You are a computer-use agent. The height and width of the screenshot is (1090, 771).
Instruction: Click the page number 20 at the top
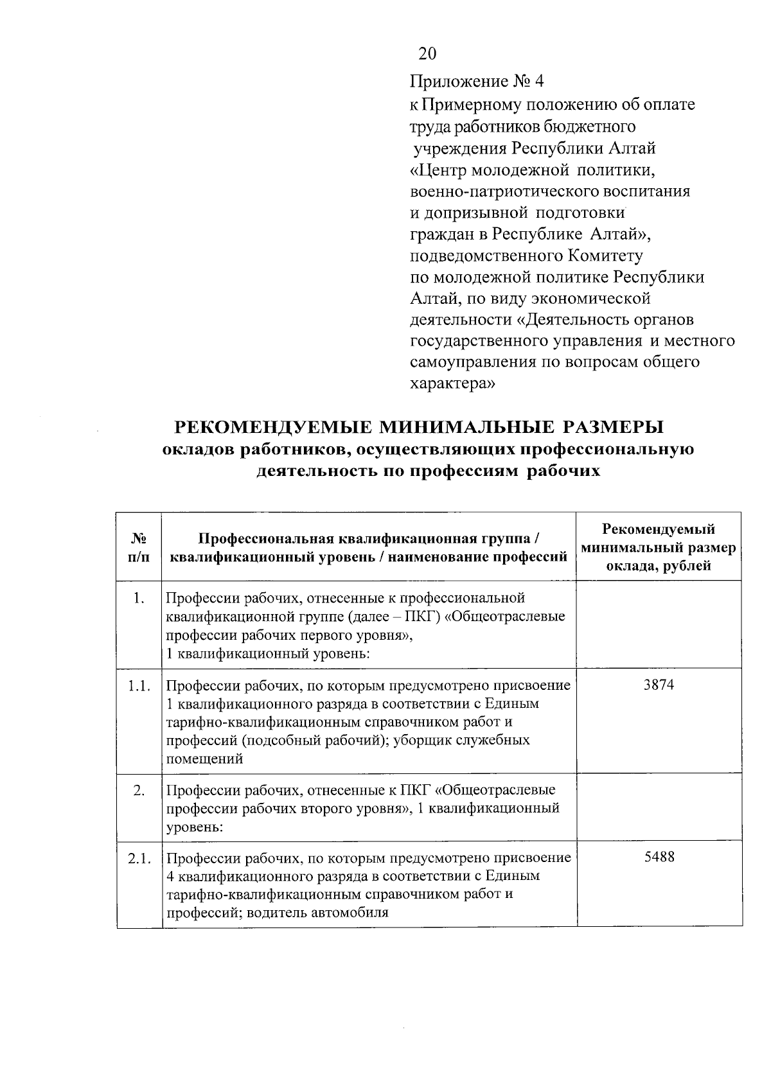[427, 54]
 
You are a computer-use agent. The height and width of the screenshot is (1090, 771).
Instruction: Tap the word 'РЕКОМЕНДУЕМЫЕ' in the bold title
[272, 428]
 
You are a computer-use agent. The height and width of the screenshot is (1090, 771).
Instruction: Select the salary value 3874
[659, 685]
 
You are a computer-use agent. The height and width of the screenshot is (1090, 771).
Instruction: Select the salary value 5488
[659, 857]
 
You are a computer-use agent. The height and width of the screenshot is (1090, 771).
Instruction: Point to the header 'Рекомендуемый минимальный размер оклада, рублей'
[659, 547]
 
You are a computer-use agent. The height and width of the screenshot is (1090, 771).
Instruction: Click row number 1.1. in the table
[139, 686]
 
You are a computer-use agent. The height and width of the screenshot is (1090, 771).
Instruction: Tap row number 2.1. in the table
[139, 857]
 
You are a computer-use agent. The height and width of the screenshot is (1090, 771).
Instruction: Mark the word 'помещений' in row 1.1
[204, 759]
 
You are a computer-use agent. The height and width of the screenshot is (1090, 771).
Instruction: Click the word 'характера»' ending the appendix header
[452, 384]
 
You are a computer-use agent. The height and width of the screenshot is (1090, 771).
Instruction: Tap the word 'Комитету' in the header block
[605, 256]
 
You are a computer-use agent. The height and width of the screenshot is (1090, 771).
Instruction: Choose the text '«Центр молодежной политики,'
[532, 171]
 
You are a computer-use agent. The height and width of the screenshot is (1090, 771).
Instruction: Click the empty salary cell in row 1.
[659, 624]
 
